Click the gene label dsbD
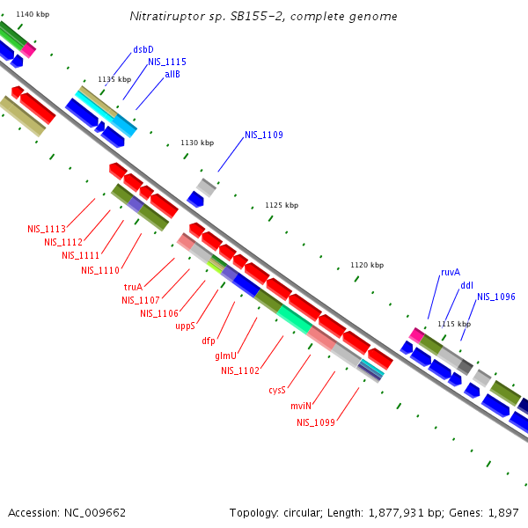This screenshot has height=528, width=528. coord(143,49)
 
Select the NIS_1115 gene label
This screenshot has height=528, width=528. coord(166,62)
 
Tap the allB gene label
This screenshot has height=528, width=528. coord(172,75)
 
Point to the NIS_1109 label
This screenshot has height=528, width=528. coord(264,135)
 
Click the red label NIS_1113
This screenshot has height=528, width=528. coord(46,229)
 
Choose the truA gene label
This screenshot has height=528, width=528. coord(133,287)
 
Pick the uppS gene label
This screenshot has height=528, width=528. coord(185,326)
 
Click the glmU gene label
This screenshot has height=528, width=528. coord(225,356)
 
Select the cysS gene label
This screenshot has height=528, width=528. coord(277,391)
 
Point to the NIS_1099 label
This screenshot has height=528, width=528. coord(316,422)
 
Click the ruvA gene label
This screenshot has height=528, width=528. coord(451,273)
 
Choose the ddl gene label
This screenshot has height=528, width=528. coord(466,285)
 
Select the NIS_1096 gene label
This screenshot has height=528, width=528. coord(496,297)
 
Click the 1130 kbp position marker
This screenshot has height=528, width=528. coord(197,143)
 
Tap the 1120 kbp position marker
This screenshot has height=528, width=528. coord(367,265)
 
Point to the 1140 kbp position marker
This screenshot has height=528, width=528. coord(33,15)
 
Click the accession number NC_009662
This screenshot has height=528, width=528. coord(93,512)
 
